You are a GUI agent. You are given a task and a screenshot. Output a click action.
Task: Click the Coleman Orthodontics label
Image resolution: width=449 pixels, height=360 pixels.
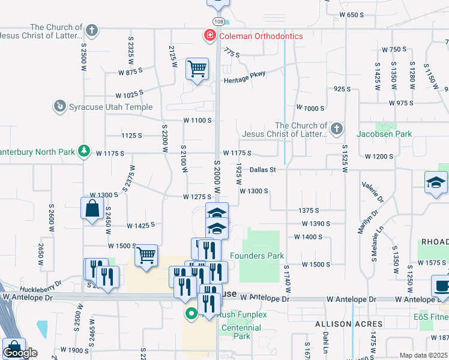(x=261, y=36)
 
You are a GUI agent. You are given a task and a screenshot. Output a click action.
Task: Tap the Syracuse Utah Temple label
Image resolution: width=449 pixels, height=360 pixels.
(x=110, y=107)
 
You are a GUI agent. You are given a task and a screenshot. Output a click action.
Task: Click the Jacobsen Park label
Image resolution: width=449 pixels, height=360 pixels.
(x=385, y=134)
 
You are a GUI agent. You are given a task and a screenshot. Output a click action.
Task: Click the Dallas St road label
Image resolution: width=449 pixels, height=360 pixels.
(x=263, y=170)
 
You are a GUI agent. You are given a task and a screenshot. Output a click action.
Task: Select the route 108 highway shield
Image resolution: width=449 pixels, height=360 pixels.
(x=218, y=22)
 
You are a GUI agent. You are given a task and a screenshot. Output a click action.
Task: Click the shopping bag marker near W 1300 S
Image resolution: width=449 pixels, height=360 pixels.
(x=91, y=209)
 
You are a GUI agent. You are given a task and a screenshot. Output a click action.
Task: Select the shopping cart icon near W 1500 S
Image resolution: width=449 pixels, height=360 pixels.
(x=146, y=256)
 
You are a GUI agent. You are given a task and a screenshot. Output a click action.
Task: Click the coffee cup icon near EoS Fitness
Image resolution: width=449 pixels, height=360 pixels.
(x=442, y=286)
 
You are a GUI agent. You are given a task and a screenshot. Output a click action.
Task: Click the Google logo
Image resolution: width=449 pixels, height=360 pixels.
(x=20, y=353)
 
